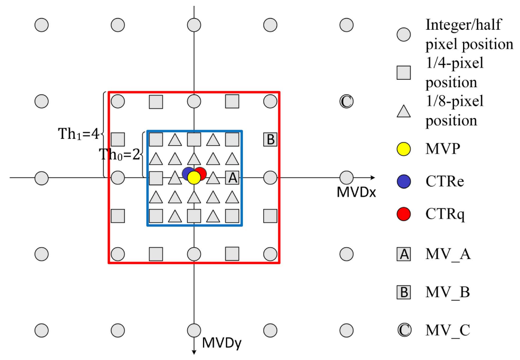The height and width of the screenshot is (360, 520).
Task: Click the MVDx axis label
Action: (x=356, y=192)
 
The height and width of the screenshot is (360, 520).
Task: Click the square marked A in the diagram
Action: (x=232, y=178)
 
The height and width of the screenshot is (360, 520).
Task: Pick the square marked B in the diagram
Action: (x=270, y=140)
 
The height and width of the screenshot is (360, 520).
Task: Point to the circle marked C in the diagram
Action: (x=346, y=101)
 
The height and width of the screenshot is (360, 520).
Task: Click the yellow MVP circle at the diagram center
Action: (x=194, y=178)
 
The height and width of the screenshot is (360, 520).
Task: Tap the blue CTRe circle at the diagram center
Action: (x=187, y=174)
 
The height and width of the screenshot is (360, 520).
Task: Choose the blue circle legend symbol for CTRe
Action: (x=404, y=183)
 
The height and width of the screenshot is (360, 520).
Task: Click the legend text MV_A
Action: (x=448, y=255)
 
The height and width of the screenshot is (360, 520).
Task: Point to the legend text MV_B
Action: (x=448, y=292)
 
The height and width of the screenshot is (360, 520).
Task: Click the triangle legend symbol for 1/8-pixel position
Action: (x=404, y=111)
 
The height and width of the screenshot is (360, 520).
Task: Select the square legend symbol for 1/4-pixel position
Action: (x=404, y=73)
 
